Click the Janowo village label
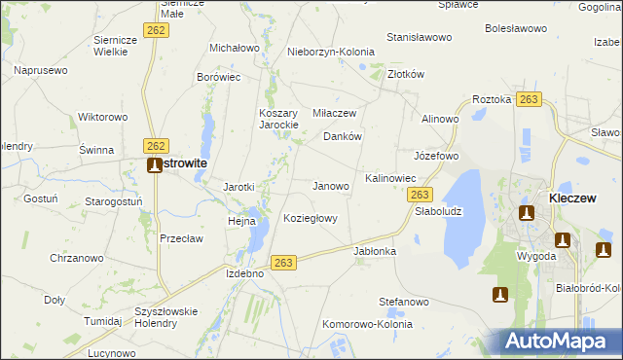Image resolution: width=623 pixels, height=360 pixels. tap(330, 185)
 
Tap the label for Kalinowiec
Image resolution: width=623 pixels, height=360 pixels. tap(390, 179)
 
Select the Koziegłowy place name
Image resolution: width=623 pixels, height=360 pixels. tap(310, 218)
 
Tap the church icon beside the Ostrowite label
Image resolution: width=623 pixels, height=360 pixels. tap(154, 164)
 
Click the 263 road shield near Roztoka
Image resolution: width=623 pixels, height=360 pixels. tap(529, 99)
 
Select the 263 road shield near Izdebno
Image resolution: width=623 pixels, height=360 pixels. tap(283, 262)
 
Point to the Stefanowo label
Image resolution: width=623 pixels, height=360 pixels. tap(404, 302)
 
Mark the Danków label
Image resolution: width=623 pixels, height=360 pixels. tap(343, 137)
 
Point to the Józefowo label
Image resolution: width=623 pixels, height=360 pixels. tap(435, 156)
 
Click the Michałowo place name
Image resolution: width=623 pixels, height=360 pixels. tap(235, 47)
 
